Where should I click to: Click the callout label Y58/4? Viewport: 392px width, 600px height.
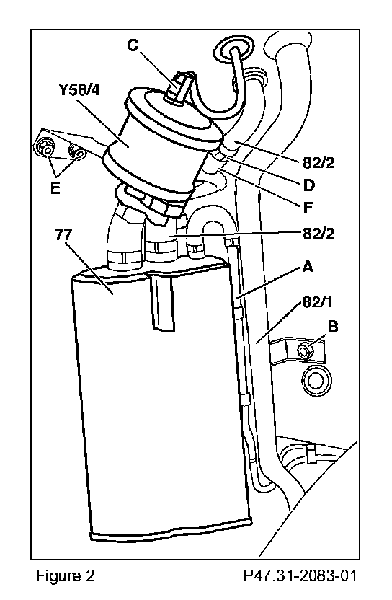click(79, 90)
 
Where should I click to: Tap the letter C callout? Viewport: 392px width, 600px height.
click(133, 45)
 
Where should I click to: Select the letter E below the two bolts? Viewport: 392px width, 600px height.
click(55, 188)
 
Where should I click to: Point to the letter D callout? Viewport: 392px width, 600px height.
click(308, 185)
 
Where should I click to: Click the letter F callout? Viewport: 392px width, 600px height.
click(308, 208)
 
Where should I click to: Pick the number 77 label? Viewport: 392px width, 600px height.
click(63, 234)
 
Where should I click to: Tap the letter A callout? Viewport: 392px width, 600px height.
click(308, 266)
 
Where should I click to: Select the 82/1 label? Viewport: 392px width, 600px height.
click(318, 302)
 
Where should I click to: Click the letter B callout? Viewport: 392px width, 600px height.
click(333, 327)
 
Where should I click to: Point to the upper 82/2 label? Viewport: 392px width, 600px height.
click(318, 163)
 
